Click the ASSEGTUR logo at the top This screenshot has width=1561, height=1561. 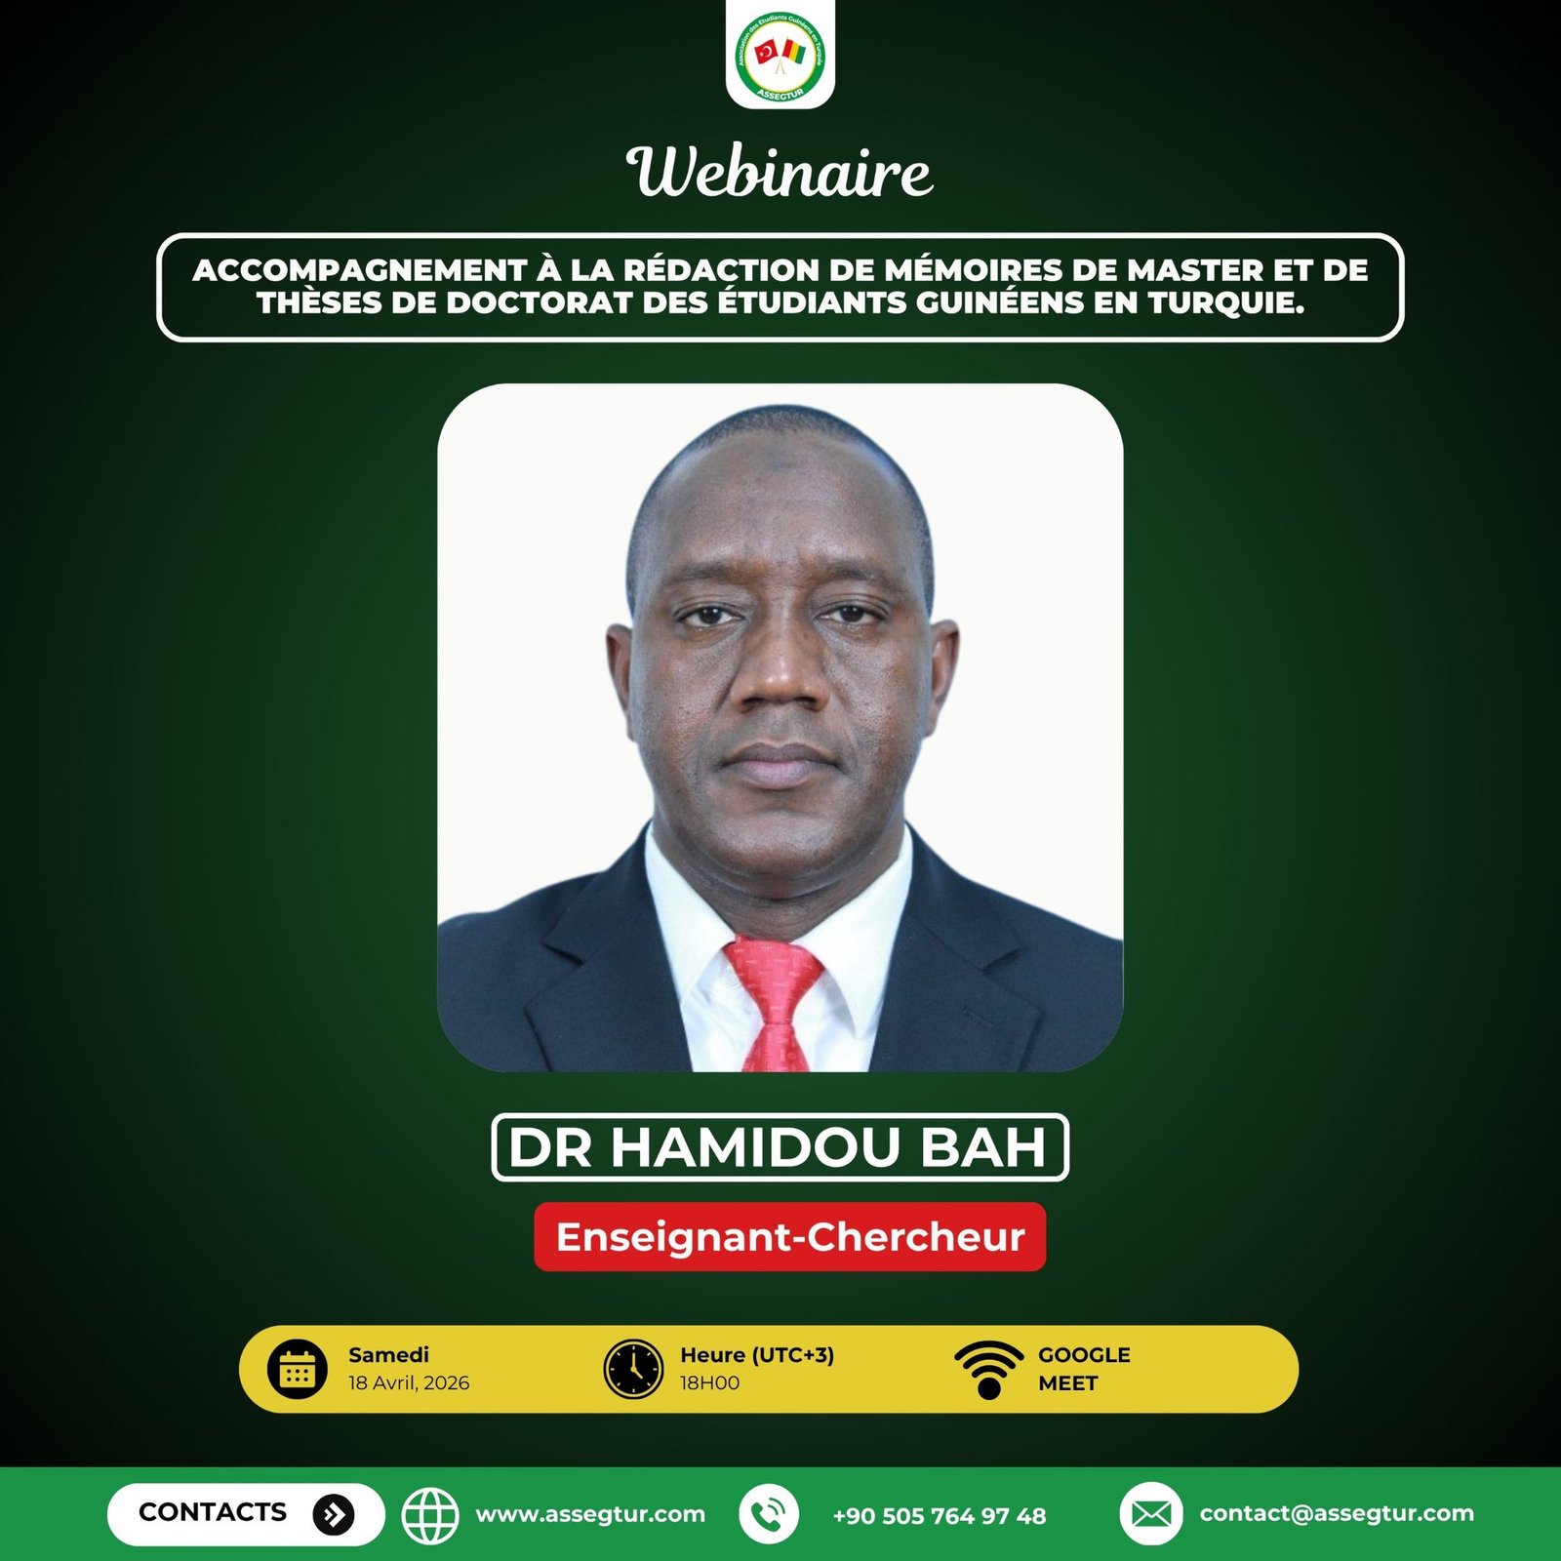tap(780, 55)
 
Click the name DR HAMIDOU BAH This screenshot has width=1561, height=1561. tap(779, 1147)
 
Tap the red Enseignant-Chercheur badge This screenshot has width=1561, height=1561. tap(789, 1237)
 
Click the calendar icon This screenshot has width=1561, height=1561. tap(298, 1369)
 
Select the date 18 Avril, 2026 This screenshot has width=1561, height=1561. tap(409, 1383)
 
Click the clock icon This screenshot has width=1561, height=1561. tap(633, 1369)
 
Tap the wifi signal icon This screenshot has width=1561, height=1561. tap(988, 1370)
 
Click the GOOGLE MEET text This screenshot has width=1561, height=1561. tap(1084, 1369)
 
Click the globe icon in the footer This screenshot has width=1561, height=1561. tap(431, 1514)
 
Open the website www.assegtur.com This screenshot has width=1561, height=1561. tap(590, 1515)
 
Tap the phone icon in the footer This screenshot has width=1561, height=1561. tap(769, 1514)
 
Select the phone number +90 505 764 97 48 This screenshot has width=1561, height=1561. tap(939, 1516)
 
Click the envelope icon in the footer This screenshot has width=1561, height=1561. tap(1151, 1514)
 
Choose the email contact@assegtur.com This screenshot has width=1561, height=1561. tap(1337, 1513)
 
